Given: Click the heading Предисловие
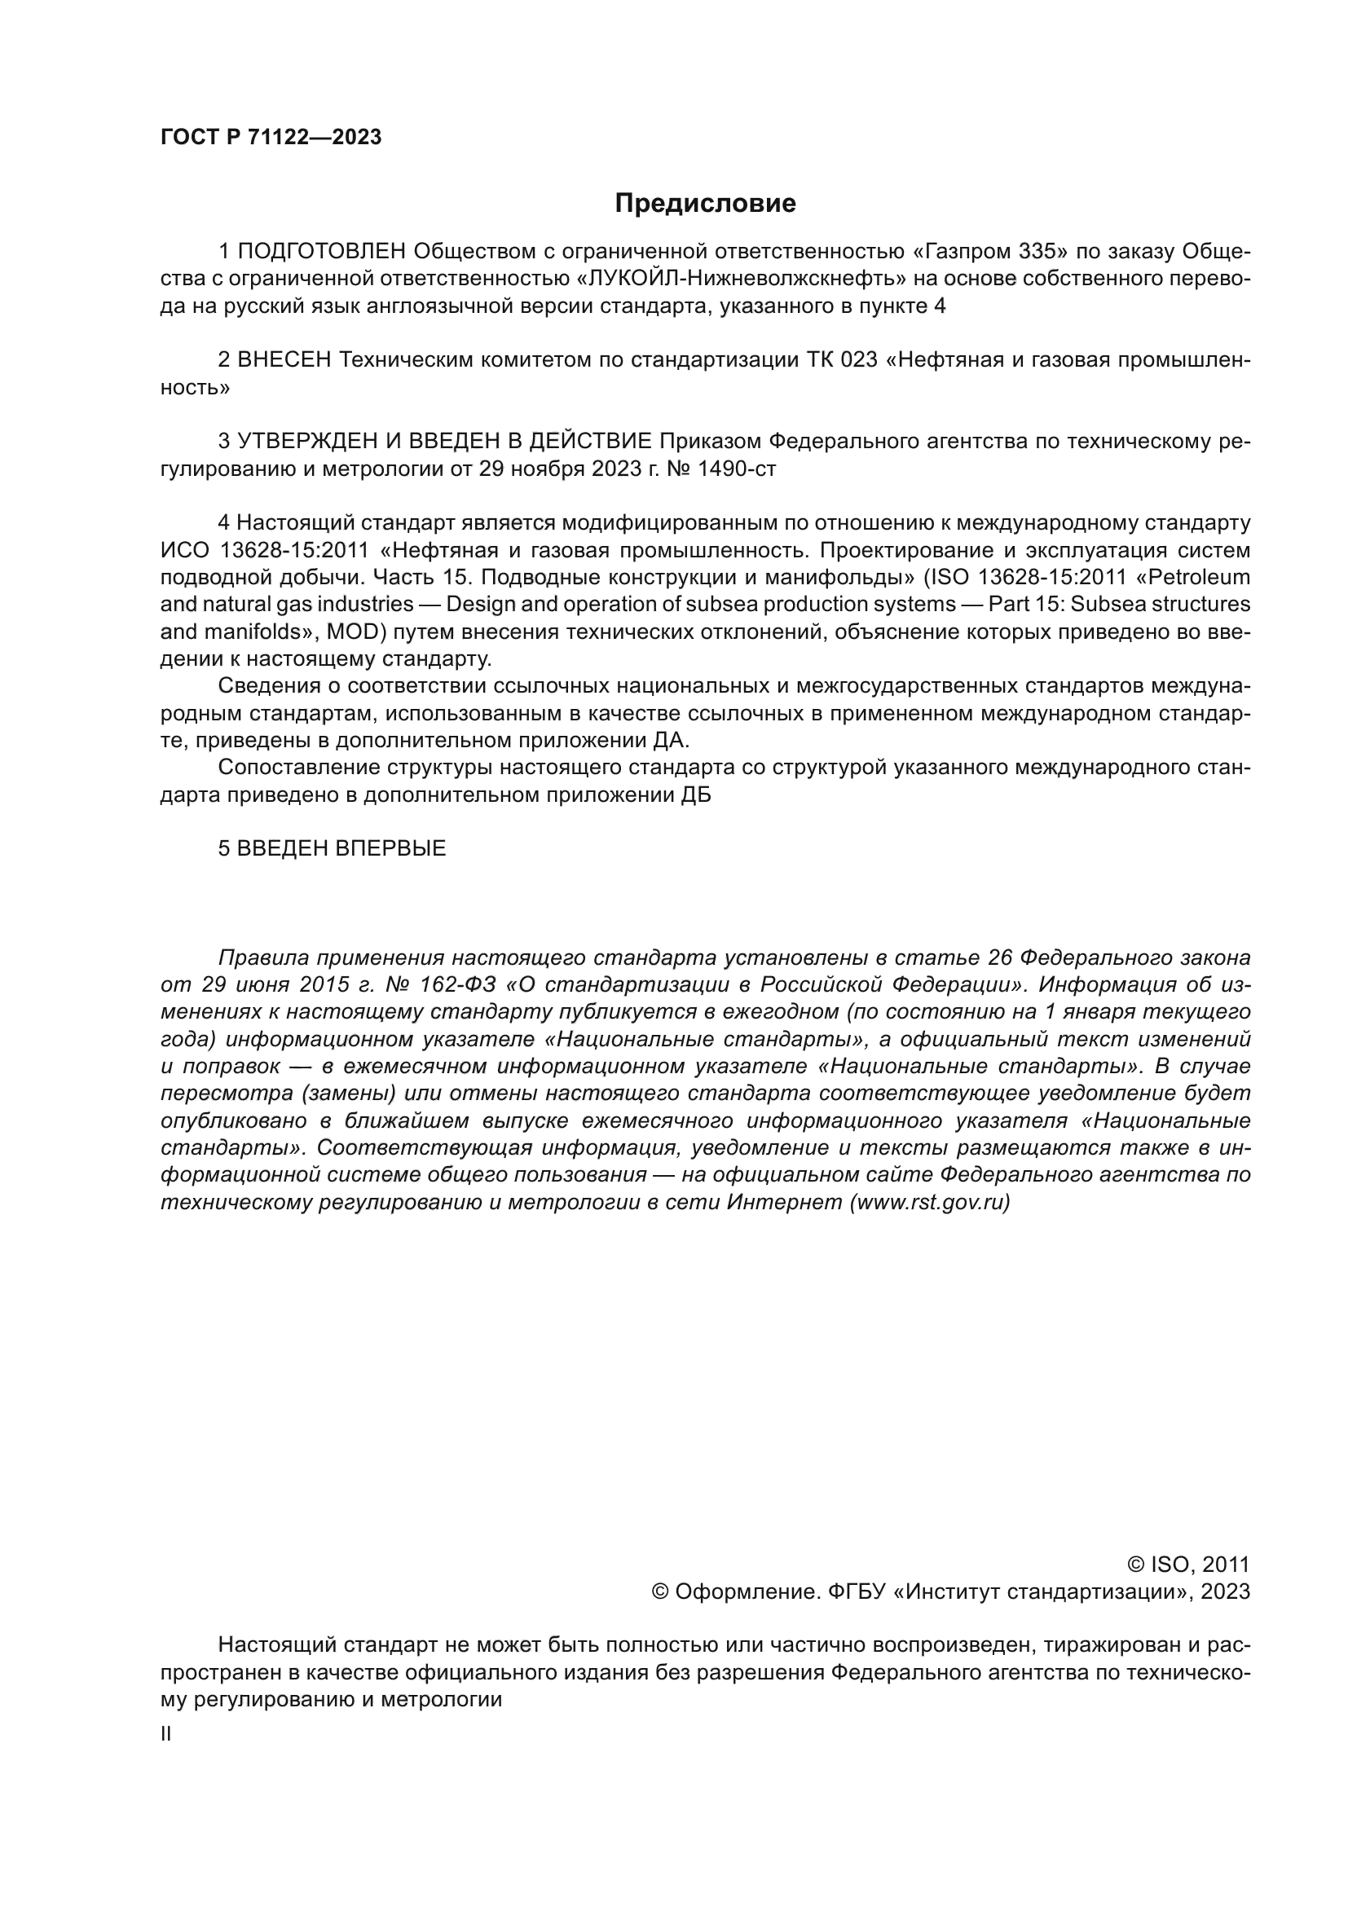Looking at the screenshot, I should [705, 204].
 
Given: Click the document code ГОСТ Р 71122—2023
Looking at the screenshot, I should [271, 138].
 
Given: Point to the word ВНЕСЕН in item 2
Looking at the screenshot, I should [284, 360].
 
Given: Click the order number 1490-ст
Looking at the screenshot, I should [737, 469].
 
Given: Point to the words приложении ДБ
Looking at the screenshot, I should [623, 795].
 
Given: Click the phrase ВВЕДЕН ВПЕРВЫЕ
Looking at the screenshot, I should [341, 848].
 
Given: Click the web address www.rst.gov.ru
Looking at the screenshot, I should [930, 1203].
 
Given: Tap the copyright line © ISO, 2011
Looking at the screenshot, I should [1187, 1565].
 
